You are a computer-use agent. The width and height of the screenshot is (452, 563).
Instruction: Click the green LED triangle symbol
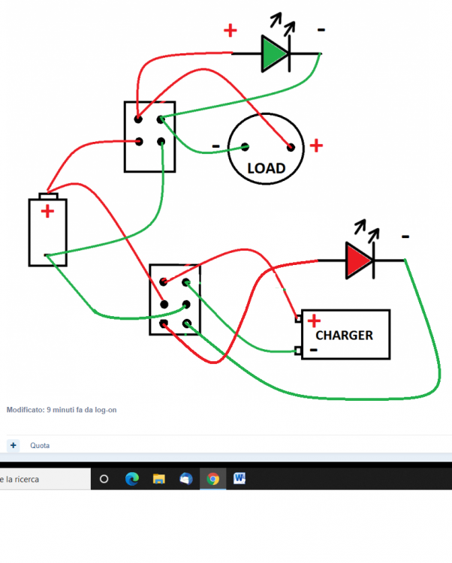pyautogui.click(x=274, y=54)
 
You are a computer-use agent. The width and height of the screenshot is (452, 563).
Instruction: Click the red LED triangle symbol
pyautogui.click(x=359, y=260)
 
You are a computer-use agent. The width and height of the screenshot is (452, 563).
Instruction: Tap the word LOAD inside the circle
pyautogui.click(x=266, y=168)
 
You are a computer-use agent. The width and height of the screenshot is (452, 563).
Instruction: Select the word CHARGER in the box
pyautogui.click(x=344, y=335)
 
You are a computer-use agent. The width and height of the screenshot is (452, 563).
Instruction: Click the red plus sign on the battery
pyautogui.click(x=47, y=211)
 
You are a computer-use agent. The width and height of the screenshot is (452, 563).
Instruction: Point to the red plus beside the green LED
pyautogui.click(x=230, y=31)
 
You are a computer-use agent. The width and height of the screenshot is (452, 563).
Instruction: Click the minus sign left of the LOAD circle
pyautogui.click(x=216, y=145)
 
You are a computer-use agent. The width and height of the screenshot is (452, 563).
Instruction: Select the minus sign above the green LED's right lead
pyautogui.click(x=321, y=29)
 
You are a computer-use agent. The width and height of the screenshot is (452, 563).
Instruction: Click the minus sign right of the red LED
pyautogui.click(x=405, y=237)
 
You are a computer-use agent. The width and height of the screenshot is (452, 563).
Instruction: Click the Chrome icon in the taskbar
pyautogui.click(x=212, y=478)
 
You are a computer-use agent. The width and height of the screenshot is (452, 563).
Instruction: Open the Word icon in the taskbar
pyautogui.click(x=240, y=478)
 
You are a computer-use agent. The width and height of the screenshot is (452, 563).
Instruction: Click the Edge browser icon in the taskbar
pyautogui.click(x=131, y=478)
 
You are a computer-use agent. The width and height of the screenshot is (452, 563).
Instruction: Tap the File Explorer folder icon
pyautogui.click(x=158, y=478)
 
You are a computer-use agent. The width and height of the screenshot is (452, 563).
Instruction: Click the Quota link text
pyautogui.click(x=40, y=445)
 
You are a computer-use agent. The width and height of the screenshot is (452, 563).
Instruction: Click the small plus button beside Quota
pyautogui.click(x=13, y=445)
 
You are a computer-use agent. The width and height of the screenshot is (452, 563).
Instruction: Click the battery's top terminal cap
pyautogui.click(x=48, y=195)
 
